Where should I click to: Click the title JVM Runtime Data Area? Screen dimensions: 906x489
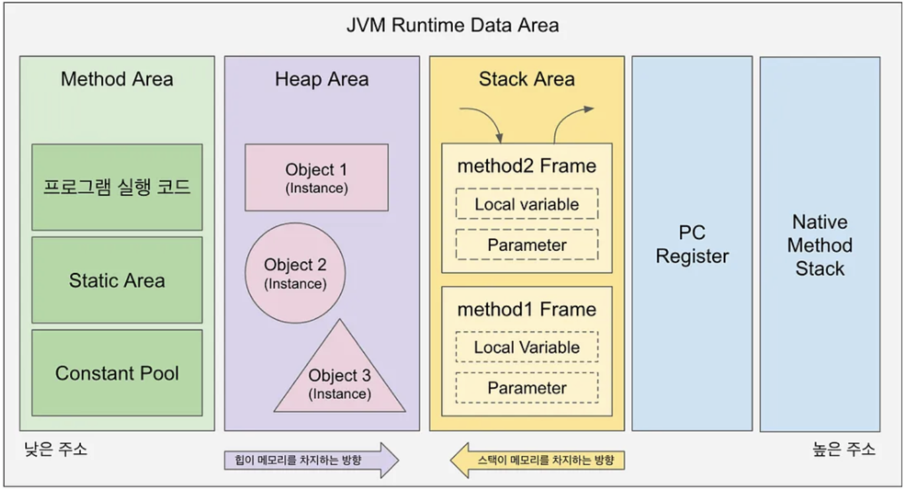[x=452, y=25]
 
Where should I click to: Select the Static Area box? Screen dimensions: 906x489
[x=118, y=280]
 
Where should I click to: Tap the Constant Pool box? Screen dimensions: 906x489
[x=118, y=373]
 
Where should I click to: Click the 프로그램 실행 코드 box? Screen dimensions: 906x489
[x=118, y=187]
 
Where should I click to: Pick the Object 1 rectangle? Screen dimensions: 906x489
[x=317, y=178]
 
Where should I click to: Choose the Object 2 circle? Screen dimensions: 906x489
[x=295, y=273]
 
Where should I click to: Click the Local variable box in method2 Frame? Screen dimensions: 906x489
[x=527, y=204]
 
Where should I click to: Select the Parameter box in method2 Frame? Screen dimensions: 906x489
[x=527, y=244]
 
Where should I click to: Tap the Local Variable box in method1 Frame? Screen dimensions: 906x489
[x=527, y=347]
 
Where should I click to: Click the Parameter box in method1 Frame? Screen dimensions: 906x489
[x=527, y=387]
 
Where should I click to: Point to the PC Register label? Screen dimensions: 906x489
[x=692, y=244]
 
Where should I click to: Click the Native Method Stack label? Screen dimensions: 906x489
[x=820, y=245]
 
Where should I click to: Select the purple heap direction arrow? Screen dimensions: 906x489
[x=312, y=460]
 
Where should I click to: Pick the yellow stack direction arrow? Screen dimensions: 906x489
[x=538, y=460]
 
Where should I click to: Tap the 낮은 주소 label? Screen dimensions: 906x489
[x=56, y=449]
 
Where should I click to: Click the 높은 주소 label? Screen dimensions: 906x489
[x=844, y=449]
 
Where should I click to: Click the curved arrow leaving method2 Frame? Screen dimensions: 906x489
[x=566, y=119]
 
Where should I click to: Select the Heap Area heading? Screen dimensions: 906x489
[x=322, y=79]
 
